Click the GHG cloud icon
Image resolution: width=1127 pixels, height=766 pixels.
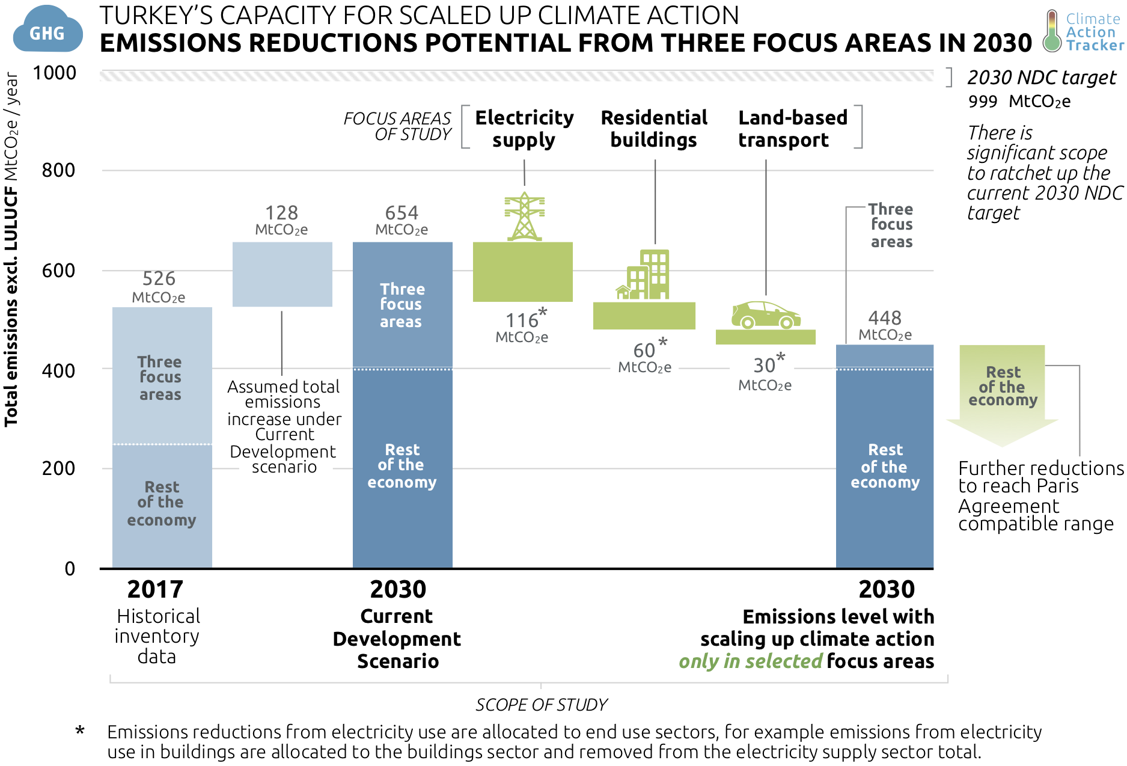pyautogui.click(x=47, y=29)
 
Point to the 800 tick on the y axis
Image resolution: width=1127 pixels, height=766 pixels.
pyautogui.click(x=58, y=170)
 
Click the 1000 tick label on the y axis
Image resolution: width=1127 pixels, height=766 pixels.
pyautogui.click(x=55, y=73)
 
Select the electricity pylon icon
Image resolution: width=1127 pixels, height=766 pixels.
pyautogui.click(x=524, y=216)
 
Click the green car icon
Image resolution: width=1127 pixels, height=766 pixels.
pyautogui.click(x=765, y=314)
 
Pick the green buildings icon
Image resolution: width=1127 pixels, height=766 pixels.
pyautogui.click(x=644, y=275)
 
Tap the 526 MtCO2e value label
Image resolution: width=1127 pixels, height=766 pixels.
pyautogui.click(x=159, y=286)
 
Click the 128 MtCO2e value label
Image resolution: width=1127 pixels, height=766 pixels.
pyautogui.click(x=281, y=219)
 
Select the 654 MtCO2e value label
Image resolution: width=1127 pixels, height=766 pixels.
pyautogui.click(x=402, y=219)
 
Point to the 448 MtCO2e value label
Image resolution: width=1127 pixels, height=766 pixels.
pyautogui.click(x=885, y=325)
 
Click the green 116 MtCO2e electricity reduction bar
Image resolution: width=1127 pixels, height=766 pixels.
pyautogui.click(x=522, y=272)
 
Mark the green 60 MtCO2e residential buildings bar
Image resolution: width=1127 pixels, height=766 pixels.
pyautogui.click(x=644, y=316)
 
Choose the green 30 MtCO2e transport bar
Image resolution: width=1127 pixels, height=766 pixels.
pyautogui.click(x=765, y=337)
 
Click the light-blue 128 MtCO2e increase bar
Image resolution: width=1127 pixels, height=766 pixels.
pyautogui.click(x=282, y=274)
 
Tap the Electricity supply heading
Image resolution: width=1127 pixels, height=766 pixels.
pyautogui.click(x=524, y=128)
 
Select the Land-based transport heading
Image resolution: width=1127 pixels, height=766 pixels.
pyautogui.click(x=792, y=128)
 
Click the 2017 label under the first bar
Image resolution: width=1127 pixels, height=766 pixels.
pyautogui.click(x=155, y=589)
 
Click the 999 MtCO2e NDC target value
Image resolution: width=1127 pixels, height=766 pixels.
pyautogui.click(x=1019, y=102)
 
